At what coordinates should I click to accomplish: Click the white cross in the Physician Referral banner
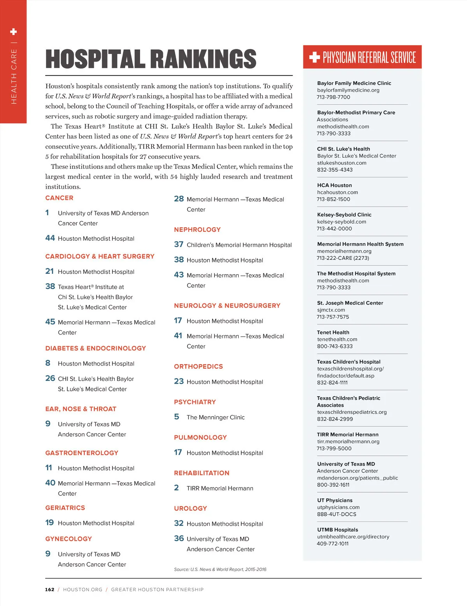(x=314, y=58)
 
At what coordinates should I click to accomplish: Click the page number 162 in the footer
(x=50, y=590)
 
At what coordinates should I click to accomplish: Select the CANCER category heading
(x=59, y=198)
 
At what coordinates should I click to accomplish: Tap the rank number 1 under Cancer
(x=47, y=213)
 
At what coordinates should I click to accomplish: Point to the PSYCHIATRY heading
(x=195, y=402)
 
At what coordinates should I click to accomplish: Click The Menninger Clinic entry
(x=216, y=417)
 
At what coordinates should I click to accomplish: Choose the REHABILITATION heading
(x=202, y=473)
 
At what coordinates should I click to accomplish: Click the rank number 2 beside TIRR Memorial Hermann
(x=176, y=488)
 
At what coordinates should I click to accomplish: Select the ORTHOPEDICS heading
(x=198, y=366)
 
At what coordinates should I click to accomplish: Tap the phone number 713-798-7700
(x=334, y=97)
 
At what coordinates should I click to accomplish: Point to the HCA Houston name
(x=334, y=185)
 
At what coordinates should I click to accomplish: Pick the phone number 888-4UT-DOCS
(x=337, y=514)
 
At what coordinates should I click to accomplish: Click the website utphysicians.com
(x=338, y=507)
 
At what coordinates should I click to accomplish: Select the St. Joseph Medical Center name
(x=350, y=303)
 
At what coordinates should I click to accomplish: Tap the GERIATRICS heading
(x=65, y=508)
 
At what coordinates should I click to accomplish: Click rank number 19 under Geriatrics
(x=49, y=523)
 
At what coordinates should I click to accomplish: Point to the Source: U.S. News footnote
(x=220, y=569)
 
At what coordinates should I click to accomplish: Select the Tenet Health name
(x=333, y=333)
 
